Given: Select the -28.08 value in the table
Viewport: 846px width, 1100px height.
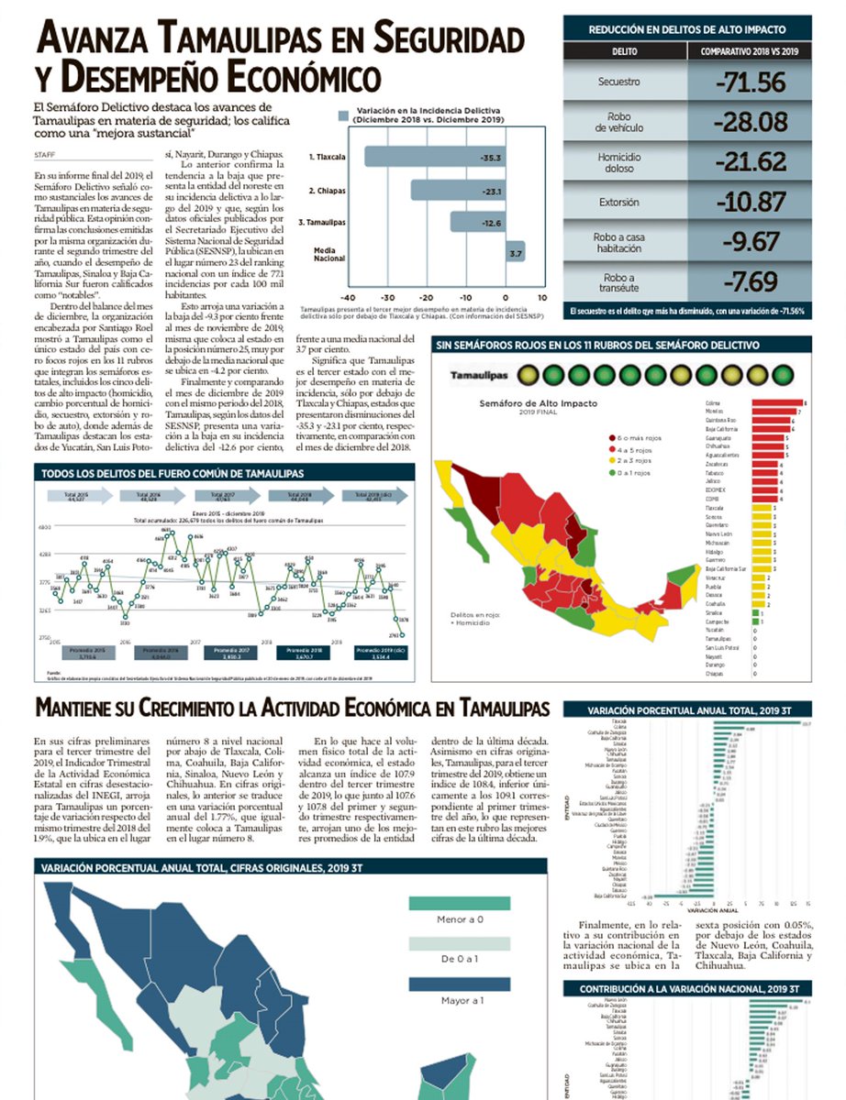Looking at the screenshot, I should coord(751,123).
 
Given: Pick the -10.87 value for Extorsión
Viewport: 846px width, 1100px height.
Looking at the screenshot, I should coord(751,202).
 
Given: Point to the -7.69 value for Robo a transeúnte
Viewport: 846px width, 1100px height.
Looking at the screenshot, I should coord(751,280).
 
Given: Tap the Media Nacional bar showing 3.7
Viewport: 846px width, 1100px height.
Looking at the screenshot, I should coord(515,252).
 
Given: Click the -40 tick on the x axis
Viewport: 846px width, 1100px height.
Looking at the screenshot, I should coord(348,298).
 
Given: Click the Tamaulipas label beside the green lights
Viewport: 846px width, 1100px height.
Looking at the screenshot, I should coord(479,375).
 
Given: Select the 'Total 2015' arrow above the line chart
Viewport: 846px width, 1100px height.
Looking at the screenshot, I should coord(76,496).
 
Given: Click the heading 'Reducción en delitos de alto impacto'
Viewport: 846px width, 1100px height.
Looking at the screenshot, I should coord(687,29).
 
